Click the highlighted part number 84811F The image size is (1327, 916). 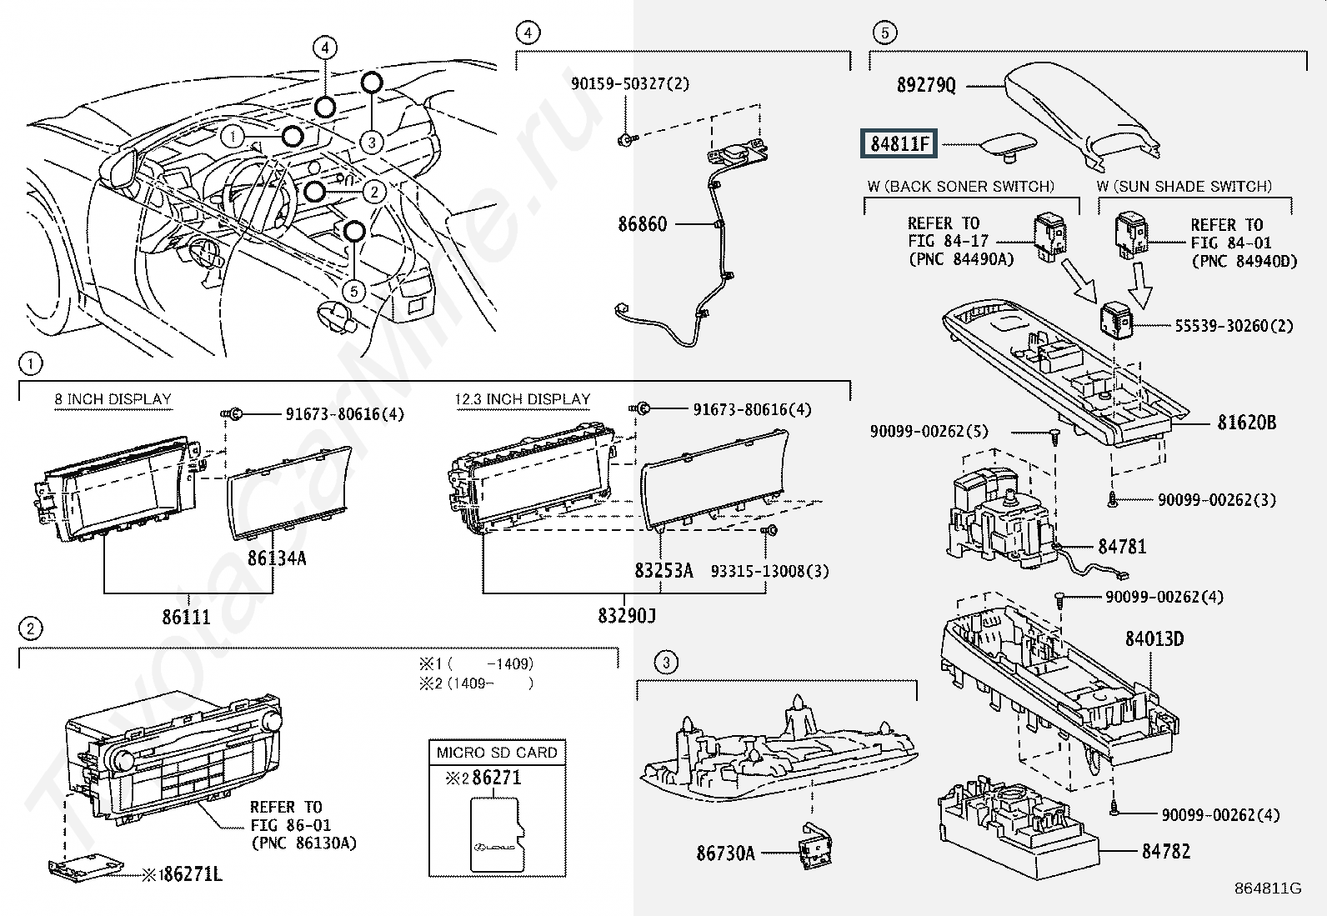click(x=899, y=144)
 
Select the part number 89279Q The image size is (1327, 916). click(x=926, y=85)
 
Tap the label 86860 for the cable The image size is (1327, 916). click(x=642, y=224)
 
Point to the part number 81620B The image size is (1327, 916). click(x=1246, y=423)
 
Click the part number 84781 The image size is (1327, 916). click(x=1122, y=547)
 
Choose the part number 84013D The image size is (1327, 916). click(x=1154, y=639)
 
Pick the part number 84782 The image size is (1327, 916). click(x=1165, y=851)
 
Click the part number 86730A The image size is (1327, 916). click(x=725, y=853)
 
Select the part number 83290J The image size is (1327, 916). click(x=626, y=616)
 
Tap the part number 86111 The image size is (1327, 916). click(x=186, y=617)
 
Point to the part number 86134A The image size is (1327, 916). click(x=277, y=558)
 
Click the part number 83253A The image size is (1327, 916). click(x=663, y=571)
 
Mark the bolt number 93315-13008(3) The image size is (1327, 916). click(x=769, y=571)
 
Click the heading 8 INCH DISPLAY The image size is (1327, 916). click(x=113, y=399)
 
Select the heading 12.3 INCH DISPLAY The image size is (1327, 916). click(x=522, y=399)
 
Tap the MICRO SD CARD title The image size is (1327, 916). click(x=497, y=752)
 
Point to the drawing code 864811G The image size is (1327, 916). click(x=1269, y=888)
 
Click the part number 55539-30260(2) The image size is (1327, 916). click(x=1234, y=326)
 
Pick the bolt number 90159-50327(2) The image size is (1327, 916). click(x=630, y=84)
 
